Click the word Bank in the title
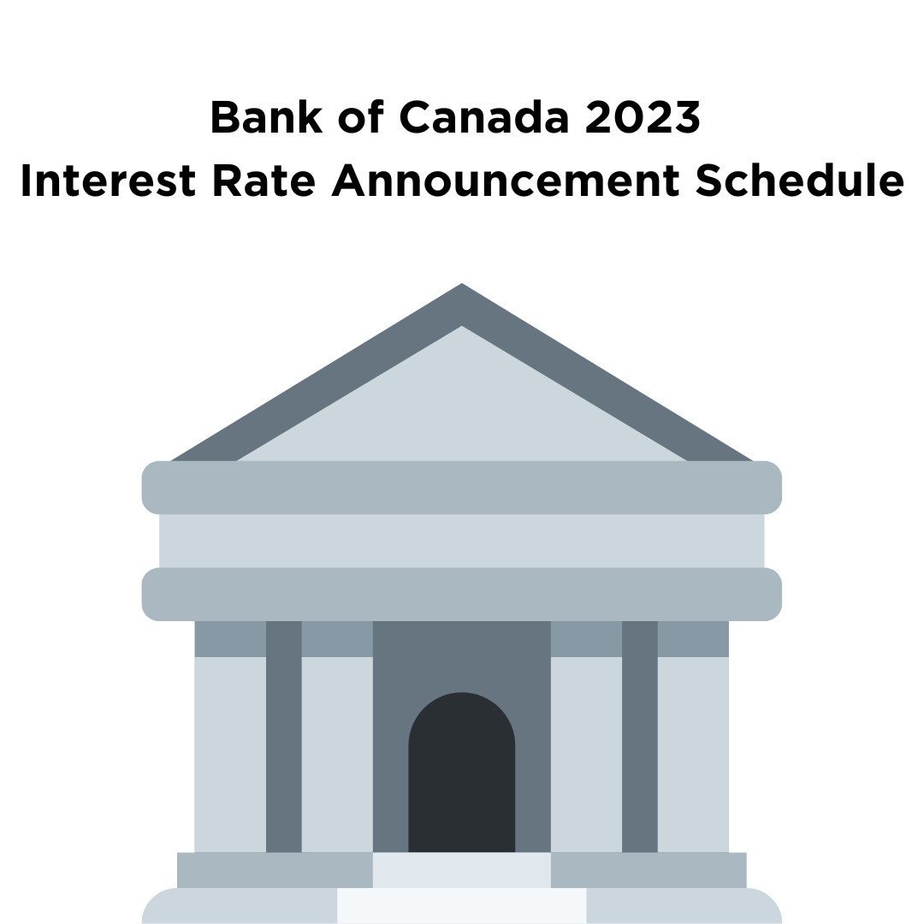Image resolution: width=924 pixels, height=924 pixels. tap(266, 116)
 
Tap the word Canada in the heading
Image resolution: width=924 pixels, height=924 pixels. tap(483, 116)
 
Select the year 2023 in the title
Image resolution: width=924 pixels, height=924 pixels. tap(643, 116)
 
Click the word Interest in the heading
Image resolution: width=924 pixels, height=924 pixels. tap(108, 181)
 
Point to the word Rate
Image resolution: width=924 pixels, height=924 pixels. tap(264, 181)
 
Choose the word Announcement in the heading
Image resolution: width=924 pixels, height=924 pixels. tap(506, 181)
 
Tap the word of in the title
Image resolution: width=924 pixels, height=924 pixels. tap(361, 116)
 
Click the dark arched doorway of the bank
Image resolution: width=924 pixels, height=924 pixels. tap(462, 772)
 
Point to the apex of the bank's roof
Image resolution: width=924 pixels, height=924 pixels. tap(462, 283)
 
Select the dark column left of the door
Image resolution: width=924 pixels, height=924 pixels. tap(284, 737)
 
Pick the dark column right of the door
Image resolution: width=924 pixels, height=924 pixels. tap(640, 737)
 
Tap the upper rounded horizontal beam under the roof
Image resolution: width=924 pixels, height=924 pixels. tap(462, 488)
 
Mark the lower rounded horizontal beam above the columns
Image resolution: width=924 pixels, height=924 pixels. tap(462, 594)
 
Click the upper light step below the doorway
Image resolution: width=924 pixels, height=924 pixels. tap(462, 870)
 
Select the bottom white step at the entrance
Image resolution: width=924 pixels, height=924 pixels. tap(462, 906)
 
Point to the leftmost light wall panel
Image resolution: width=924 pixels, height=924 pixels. tap(230, 755)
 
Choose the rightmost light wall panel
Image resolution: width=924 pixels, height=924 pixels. tap(694, 755)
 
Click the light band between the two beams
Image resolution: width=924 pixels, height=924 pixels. tap(462, 541)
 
